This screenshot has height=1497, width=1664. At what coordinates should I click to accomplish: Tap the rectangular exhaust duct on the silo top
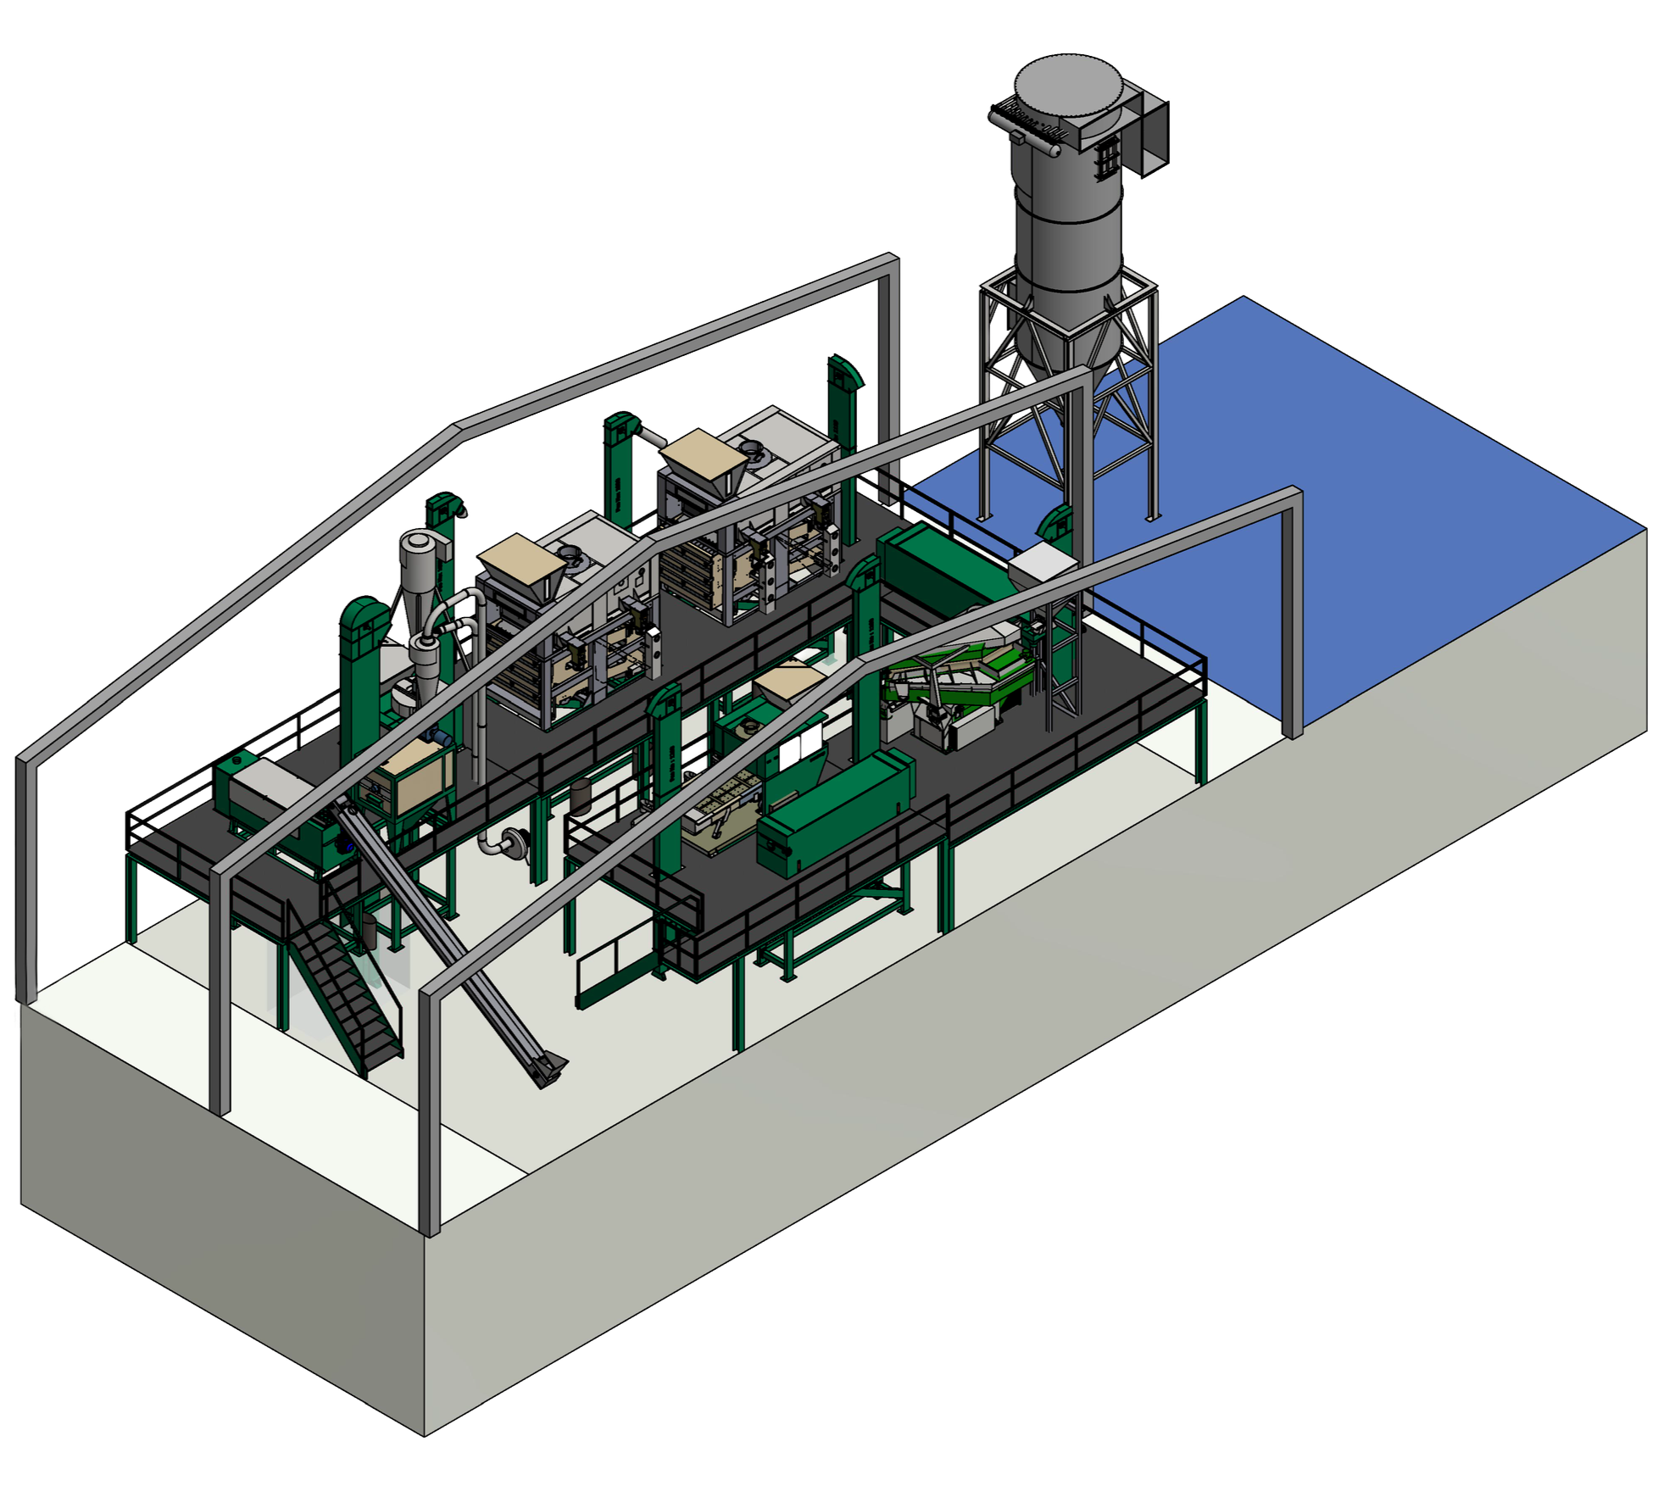pos(1153,131)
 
